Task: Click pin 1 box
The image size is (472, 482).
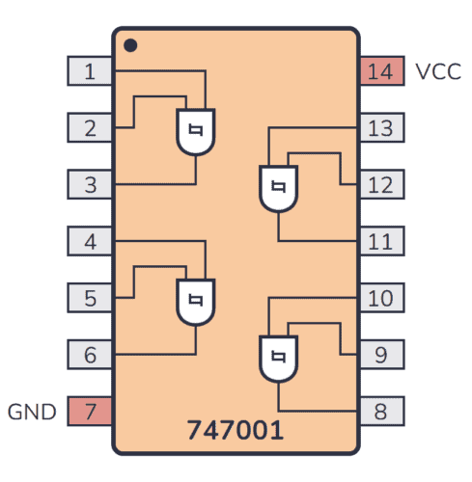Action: [90, 71]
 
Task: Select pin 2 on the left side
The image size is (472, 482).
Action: [90, 127]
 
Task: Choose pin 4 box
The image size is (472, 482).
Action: [90, 241]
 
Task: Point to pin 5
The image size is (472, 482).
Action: [90, 298]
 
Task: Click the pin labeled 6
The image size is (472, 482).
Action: [90, 355]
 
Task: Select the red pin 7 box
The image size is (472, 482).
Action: [90, 412]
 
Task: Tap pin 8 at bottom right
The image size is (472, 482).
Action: [380, 412]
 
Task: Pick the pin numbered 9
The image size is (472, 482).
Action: [380, 355]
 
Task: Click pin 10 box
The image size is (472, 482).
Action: [380, 298]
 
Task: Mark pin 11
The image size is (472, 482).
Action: [380, 241]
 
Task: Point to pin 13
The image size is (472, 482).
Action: [380, 127]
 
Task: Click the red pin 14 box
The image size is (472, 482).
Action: [380, 71]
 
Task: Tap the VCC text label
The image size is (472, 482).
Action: [437, 71]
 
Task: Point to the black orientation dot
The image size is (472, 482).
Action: [131, 44]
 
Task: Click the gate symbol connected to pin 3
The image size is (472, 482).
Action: [196, 132]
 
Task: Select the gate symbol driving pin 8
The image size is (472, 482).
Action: [278, 358]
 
